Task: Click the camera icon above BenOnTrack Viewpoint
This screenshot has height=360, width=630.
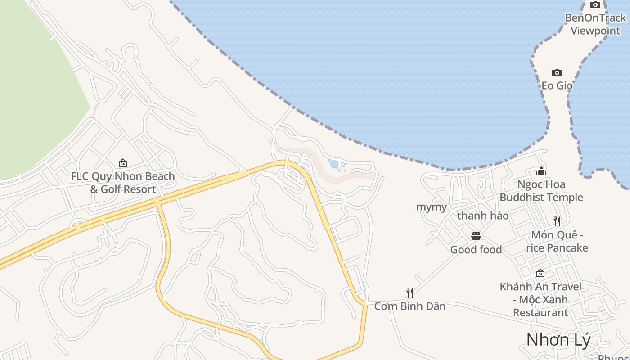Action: (x=595, y=5)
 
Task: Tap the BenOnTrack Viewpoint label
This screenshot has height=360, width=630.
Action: (x=595, y=24)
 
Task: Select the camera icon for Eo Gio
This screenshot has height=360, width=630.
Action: (x=557, y=73)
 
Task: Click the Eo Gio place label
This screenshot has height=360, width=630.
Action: (x=557, y=85)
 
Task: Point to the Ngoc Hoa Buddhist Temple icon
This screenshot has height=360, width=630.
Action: (x=541, y=171)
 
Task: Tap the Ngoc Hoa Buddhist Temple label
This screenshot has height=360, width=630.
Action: (x=541, y=191)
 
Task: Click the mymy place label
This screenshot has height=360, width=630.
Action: (x=431, y=207)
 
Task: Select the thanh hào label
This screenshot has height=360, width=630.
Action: (x=482, y=216)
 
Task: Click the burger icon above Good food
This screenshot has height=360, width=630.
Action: (x=476, y=236)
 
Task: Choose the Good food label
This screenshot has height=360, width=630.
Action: (x=476, y=250)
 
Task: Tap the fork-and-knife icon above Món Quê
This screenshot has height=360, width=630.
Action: (x=557, y=221)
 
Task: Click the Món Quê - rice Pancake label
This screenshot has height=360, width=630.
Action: (x=557, y=242)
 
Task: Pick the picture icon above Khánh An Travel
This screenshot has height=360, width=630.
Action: (x=540, y=273)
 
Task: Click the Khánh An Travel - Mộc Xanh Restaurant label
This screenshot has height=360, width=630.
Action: (x=540, y=299)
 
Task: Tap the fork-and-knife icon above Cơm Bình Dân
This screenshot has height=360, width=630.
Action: (x=409, y=293)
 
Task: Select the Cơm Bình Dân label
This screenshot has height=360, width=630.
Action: (x=409, y=306)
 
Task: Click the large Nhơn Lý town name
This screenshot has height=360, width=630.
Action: (x=558, y=340)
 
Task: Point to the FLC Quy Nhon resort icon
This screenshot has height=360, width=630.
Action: (x=122, y=163)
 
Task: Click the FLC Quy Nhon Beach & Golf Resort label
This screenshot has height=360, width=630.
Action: (x=122, y=183)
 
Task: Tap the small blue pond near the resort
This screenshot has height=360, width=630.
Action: (x=334, y=164)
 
